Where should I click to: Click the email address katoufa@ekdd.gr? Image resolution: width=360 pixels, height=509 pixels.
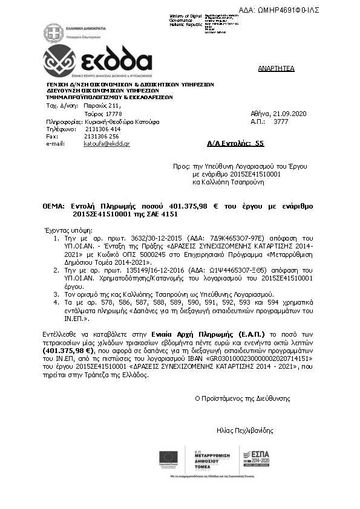point(106,144)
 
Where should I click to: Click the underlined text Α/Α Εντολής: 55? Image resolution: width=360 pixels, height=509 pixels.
point(235,143)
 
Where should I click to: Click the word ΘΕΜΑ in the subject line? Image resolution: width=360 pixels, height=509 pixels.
point(53,206)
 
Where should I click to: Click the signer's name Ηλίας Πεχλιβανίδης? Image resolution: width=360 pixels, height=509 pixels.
point(244,431)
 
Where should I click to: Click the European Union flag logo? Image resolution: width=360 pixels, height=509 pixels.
point(168,459)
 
